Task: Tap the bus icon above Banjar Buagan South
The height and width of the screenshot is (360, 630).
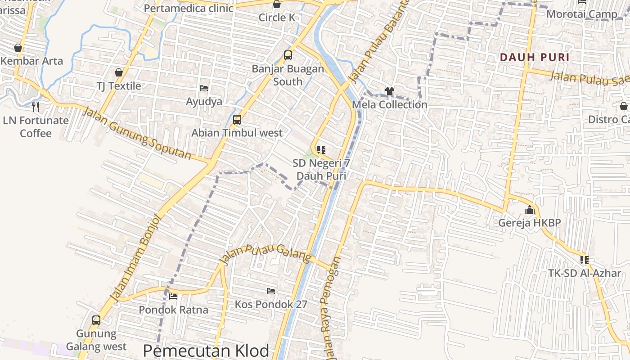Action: [288, 56]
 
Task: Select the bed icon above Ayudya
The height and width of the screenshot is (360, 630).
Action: [204, 88]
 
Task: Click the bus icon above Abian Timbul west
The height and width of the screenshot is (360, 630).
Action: [237, 120]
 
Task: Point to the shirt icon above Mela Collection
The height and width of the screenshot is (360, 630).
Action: [389, 91]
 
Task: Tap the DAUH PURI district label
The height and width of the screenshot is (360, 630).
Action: [535, 57]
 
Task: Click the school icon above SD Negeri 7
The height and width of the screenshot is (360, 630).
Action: [321, 149]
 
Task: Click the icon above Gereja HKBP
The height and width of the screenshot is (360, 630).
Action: [529, 210]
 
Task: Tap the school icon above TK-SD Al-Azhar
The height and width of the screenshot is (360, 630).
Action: [585, 260]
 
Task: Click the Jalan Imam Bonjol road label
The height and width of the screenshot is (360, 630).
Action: [135, 257]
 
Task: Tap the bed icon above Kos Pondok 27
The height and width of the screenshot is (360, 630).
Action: [271, 291]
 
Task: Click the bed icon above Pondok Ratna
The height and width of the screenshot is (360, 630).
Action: [173, 296]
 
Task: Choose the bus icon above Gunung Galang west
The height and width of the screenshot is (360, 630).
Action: [96, 320]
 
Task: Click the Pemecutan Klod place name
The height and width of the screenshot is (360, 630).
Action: [206, 351]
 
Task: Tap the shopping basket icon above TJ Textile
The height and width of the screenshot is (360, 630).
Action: [119, 72]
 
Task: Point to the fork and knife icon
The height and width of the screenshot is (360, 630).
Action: [36, 107]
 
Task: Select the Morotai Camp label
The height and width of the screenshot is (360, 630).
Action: [581, 14]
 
